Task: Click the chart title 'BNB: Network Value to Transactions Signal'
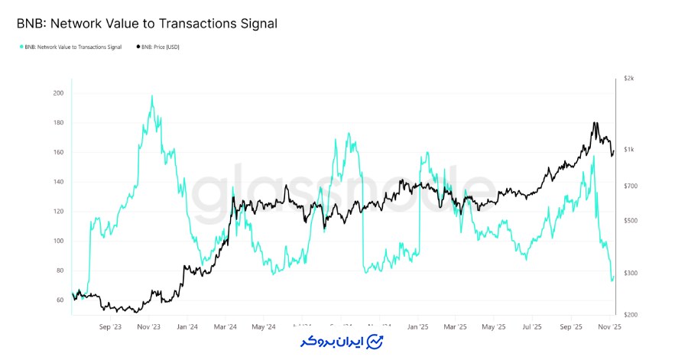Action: [147, 24]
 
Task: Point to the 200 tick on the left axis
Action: [58, 93]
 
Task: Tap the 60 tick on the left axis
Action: [60, 300]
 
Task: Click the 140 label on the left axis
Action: [58, 182]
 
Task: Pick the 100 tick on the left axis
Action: [58, 241]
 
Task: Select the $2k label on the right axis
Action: [628, 79]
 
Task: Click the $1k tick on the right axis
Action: [628, 150]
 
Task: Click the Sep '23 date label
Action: [111, 327]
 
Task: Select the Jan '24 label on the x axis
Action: [187, 327]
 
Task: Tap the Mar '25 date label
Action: [456, 327]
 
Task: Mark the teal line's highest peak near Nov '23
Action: [152, 96]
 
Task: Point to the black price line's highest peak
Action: [595, 122]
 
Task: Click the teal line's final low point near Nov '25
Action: [612, 280]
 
